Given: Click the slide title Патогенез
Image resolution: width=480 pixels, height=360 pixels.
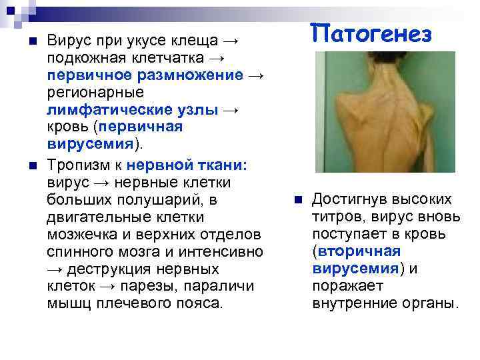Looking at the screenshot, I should pos(372,33).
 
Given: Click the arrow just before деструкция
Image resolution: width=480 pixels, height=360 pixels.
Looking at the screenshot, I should pos(53,269).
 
